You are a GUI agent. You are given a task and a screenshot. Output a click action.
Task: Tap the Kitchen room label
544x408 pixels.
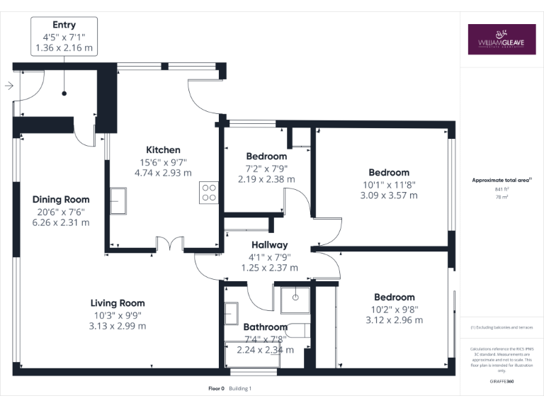163,149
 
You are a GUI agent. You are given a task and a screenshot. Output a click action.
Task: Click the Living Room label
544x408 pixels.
118,303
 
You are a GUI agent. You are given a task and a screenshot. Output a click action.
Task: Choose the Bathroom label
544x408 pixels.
265,327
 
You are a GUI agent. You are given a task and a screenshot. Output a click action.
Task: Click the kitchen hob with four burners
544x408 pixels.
209,193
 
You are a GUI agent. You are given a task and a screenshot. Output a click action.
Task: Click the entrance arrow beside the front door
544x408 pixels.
8,86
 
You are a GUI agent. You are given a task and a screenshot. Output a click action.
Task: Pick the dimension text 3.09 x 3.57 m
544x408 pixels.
389,195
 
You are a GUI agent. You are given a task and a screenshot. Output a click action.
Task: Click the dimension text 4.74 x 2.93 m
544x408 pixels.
163,172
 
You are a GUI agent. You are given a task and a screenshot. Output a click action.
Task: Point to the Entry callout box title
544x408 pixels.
64,25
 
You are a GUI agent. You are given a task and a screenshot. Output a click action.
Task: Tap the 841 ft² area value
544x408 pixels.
501,190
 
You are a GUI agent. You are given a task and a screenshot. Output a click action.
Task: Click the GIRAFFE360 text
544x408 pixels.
501,381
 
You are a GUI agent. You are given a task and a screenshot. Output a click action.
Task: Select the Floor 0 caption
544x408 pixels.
216,388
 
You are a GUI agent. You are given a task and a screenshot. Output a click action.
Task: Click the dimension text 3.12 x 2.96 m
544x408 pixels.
395,320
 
